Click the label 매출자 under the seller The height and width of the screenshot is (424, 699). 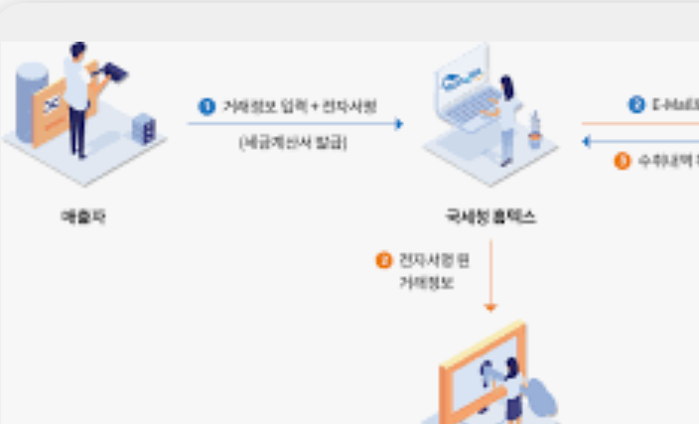click(82, 216)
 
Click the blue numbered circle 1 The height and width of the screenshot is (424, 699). click(207, 106)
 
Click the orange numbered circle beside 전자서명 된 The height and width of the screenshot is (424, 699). click(383, 261)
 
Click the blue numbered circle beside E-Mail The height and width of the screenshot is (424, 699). click(636, 104)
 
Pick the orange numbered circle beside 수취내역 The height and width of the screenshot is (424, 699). click(623, 160)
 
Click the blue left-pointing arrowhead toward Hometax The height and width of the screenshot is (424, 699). click(587, 141)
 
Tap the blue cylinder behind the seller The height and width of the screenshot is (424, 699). click(32, 99)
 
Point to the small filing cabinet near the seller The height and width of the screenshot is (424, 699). click(143, 128)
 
